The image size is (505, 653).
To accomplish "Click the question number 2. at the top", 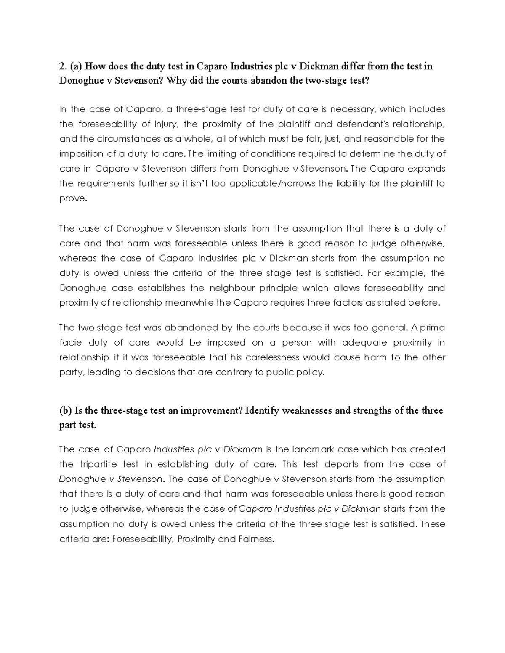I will [x=63, y=66].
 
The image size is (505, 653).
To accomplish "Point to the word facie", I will [x=70, y=343].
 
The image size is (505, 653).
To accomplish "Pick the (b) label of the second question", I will [x=65, y=410].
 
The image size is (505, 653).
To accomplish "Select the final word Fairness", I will [x=256, y=539].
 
